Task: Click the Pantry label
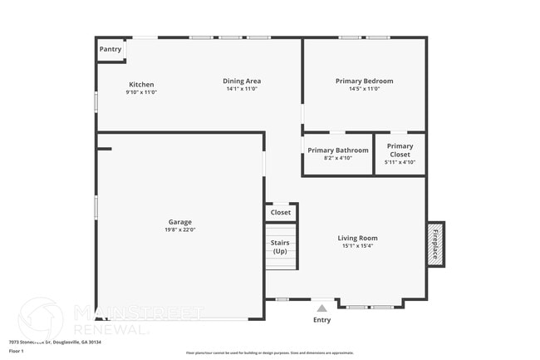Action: click(110, 50)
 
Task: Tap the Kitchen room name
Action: click(141, 84)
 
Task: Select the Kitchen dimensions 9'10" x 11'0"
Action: click(141, 92)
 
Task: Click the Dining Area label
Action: click(242, 81)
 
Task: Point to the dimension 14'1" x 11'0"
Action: click(242, 89)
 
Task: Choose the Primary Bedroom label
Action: click(364, 81)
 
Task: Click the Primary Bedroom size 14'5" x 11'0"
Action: click(364, 89)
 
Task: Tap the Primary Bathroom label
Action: click(338, 150)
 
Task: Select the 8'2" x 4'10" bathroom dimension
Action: click(338, 158)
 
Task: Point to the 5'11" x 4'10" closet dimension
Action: click(400, 162)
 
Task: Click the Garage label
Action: click(180, 222)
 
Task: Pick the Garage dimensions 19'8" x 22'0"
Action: click(180, 230)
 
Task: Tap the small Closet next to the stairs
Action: click(281, 213)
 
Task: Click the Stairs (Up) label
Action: click(280, 247)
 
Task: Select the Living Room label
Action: click(357, 238)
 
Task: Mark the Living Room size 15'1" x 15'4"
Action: click(357, 246)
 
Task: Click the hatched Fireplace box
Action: click(435, 243)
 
